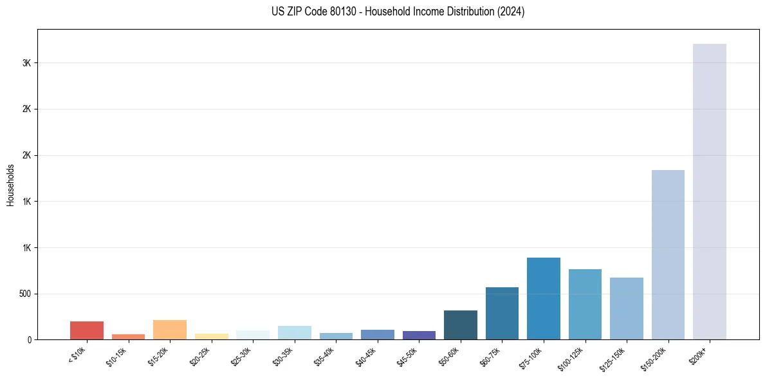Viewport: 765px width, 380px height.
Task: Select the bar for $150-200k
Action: tap(668, 254)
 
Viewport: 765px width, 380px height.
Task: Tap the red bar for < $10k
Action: tap(87, 330)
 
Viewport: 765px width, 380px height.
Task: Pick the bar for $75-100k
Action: tap(543, 298)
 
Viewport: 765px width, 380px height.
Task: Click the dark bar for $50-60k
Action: tap(460, 325)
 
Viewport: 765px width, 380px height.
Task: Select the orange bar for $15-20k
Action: tap(170, 330)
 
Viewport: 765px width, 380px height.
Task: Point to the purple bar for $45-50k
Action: tap(419, 335)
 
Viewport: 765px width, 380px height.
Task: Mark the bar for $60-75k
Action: tap(502, 313)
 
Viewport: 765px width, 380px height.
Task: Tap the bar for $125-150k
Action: tap(626, 309)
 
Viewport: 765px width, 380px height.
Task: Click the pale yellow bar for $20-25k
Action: tap(211, 336)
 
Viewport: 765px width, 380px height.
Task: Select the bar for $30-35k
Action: tap(294, 332)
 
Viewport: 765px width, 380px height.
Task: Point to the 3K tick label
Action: tap(26, 63)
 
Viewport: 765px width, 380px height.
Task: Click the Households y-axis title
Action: tap(11, 185)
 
